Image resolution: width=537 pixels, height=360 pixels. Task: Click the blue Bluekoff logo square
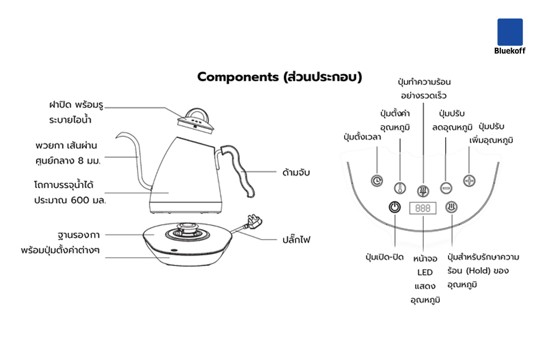(x=510, y=32)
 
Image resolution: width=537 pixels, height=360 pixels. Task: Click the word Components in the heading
(x=236, y=77)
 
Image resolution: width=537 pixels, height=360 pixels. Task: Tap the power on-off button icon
(x=395, y=207)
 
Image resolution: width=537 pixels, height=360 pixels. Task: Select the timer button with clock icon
(x=378, y=181)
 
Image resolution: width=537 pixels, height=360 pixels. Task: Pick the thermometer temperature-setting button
(x=400, y=188)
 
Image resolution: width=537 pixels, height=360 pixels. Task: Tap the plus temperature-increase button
(x=469, y=181)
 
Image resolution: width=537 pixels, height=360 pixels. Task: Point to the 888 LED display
(x=423, y=208)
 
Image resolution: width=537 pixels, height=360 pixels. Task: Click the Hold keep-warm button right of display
(x=452, y=207)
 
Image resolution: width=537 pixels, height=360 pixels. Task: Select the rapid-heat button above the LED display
(x=423, y=190)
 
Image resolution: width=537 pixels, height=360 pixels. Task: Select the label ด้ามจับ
(x=296, y=172)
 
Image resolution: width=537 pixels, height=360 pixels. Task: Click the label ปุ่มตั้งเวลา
(x=362, y=136)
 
